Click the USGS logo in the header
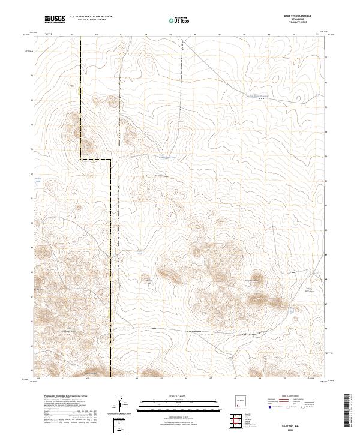[55, 19]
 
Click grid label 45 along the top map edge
[170, 35]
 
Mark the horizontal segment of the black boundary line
[96, 159]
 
